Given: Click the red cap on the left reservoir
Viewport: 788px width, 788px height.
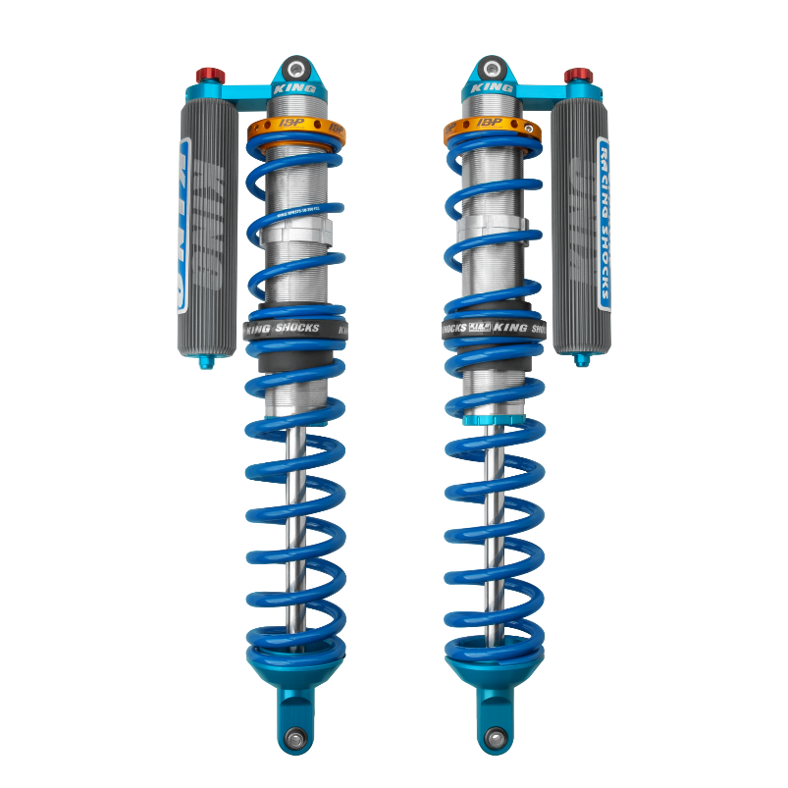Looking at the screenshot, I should click(x=208, y=77).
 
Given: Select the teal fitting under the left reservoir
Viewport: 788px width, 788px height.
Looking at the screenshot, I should click(x=206, y=363).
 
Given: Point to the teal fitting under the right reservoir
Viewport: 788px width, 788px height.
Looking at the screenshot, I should click(x=581, y=359).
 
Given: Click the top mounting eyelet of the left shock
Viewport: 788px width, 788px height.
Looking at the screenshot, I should click(x=295, y=70).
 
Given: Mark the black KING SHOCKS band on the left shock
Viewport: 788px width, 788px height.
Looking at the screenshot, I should click(x=295, y=329).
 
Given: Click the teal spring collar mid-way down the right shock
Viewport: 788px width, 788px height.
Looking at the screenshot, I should click(x=488, y=420).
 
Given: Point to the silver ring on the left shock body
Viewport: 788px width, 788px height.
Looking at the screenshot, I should click(x=295, y=236).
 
